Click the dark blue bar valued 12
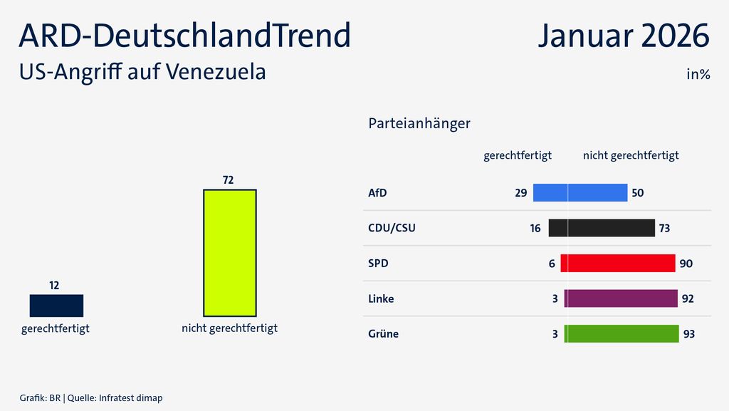tap(56, 305)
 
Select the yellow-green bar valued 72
tap(229, 253)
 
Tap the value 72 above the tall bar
tap(228, 180)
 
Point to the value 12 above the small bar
tap(54, 285)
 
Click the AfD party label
tap(377, 193)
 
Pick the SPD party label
tap(379, 264)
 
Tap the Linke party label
tap(381, 298)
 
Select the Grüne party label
tap(383, 333)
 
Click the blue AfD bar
tap(580, 193)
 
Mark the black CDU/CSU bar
tap(602, 228)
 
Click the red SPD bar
tap(617, 264)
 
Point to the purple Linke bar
tap(621, 298)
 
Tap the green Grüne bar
tap(622, 333)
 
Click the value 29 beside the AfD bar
tap(520, 193)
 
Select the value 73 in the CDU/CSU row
tap(664, 228)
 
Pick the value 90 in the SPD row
tap(686, 264)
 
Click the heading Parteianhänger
tap(419, 123)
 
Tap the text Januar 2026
tap(624, 36)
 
